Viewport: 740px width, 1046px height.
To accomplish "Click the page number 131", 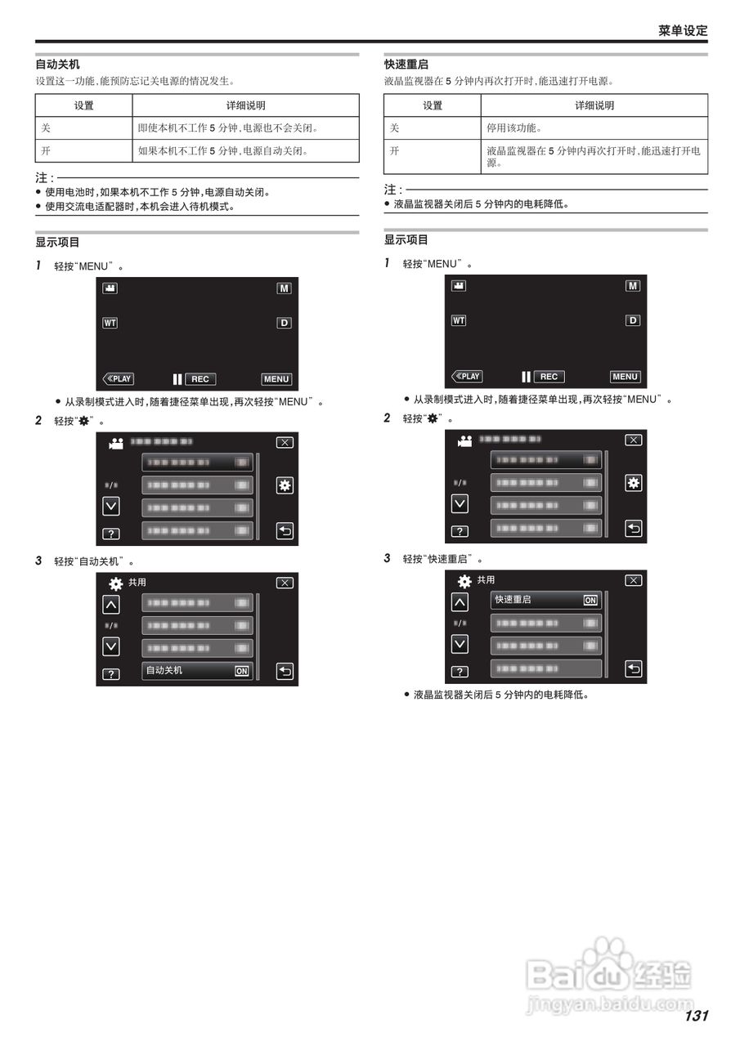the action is (696, 1016).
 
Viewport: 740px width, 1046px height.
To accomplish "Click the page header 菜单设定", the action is (683, 30).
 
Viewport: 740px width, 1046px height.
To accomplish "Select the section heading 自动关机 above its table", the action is (57, 65).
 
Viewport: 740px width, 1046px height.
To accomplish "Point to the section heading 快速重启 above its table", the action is (406, 65).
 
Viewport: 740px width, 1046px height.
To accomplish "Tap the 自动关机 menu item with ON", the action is (197, 671).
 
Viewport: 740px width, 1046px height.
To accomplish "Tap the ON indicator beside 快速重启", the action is (590, 600).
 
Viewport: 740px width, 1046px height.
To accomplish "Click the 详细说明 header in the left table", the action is (245, 105).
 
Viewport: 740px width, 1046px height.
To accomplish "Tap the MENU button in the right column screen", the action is (625, 377).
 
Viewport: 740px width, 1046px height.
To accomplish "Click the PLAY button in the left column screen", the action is (119, 379).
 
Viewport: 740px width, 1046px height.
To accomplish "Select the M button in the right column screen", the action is (633, 286).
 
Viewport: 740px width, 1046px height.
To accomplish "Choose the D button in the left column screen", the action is (284, 323).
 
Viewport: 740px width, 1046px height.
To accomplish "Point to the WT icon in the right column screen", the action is (459, 320).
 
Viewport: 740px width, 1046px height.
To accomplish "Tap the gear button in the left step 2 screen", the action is (284, 485).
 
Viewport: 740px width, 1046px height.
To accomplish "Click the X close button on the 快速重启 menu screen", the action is (633, 580).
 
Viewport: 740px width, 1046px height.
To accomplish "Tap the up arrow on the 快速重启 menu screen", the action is (460, 602).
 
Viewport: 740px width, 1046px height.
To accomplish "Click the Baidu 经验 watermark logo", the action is (609, 972).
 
